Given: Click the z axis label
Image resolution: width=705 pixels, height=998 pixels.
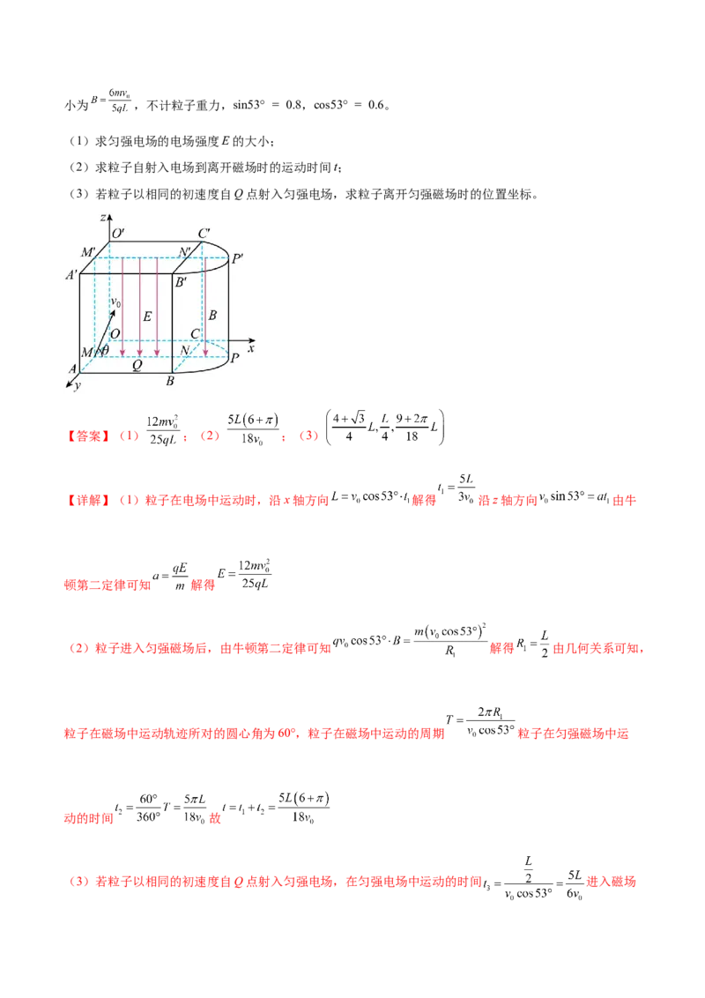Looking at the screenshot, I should tap(104, 217).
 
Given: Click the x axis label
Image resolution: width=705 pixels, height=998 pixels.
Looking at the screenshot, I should tap(251, 348).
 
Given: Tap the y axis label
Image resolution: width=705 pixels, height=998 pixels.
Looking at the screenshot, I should tap(78, 386).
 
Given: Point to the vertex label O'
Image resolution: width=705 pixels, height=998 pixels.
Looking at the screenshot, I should tap(117, 234).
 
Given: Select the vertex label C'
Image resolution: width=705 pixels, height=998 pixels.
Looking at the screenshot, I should tap(204, 234).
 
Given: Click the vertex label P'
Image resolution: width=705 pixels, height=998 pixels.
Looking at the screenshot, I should tap(237, 259).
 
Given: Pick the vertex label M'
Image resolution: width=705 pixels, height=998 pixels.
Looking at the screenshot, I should tap(88, 252).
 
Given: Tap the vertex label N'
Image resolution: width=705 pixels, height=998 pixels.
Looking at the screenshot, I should tap(186, 252).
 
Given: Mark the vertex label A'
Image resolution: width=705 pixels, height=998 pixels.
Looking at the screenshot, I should tap(72, 274).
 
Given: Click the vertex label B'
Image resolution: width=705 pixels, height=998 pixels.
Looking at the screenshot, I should tap(181, 283).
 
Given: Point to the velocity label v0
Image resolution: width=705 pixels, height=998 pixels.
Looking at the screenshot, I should tap(115, 304).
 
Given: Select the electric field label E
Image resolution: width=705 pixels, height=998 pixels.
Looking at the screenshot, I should tap(147, 316).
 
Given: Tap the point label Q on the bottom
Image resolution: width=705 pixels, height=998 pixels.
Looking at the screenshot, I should tap(136, 364).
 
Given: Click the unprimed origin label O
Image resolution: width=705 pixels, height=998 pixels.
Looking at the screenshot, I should tap(115, 333).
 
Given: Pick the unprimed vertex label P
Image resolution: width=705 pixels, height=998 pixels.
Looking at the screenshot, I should tap(234, 359).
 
